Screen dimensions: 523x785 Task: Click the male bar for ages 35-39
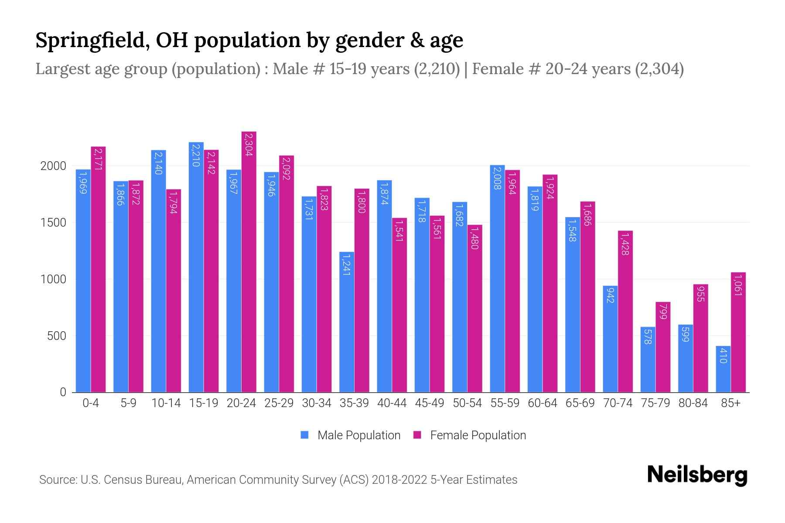tap(347, 323)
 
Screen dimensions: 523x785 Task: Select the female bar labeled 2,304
tap(249, 261)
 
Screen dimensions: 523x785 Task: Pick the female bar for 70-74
tap(625, 312)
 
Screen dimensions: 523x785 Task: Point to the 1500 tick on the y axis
tap(53, 223)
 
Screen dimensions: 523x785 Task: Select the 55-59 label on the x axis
tap(505, 403)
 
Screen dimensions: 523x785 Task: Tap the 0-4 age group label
tap(91, 403)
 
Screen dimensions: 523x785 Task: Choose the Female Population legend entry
tap(470, 435)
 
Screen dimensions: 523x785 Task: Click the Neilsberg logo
tap(697, 475)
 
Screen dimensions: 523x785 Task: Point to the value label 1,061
tap(738, 285)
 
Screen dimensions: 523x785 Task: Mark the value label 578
tap(648, 336)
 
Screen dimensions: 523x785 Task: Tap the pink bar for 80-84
tap(700, 339)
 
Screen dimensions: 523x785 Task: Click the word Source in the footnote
tap(57, 480)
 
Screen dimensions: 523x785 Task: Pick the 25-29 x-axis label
tap(279, 403)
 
